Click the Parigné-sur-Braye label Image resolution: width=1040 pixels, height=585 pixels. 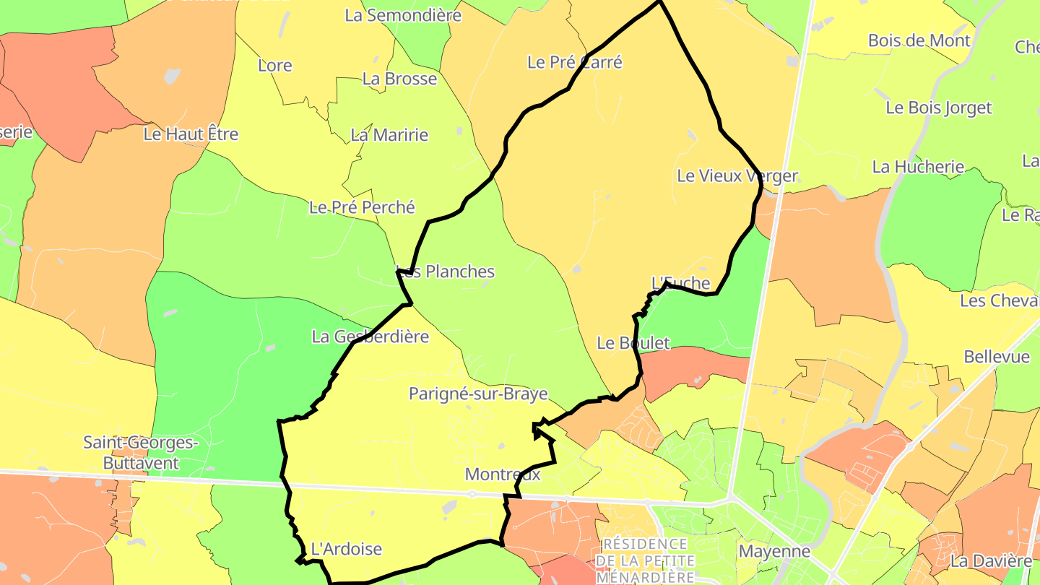[478, 394]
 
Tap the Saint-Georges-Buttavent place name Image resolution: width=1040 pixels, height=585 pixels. [141, 452]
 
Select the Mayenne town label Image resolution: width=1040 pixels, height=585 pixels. [774, 552]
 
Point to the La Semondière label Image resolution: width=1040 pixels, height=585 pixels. [402, 14]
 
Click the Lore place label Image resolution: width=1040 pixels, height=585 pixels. [275, 66]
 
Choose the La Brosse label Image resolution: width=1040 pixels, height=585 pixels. [400, 79]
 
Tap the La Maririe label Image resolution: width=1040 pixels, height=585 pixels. [389, 135]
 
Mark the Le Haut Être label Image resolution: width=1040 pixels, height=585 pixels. [191, 134]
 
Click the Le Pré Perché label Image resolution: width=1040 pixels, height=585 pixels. [362, 207]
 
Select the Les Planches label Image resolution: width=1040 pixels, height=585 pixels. [446, 272]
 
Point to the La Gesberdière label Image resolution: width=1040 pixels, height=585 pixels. [370, 337]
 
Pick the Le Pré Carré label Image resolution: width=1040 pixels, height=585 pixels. [575, 62]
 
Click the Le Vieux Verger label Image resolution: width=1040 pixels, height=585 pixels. [737, 175]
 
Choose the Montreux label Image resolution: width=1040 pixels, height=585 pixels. [503, 474]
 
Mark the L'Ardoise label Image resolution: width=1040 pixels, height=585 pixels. [346, 549]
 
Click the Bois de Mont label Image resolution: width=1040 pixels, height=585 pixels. [919, 40]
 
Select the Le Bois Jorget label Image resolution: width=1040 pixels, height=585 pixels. [939, 108]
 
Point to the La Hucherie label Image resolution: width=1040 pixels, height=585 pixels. [918, 167]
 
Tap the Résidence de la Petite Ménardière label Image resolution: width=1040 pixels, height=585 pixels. [645, 560]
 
